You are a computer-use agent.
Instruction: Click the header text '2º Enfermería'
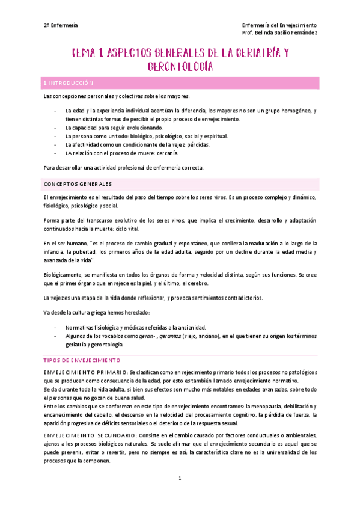pyautogui.click(x=61, y=25)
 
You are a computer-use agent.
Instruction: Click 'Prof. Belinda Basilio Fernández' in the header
pyautogui.click(x=279, y=32)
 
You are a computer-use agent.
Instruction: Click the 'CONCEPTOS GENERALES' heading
pyautogui.click(x=78, y=183)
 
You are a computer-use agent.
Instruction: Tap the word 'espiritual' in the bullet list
pyautogui.click(x=213, y=137)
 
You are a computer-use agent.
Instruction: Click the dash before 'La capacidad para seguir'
pyautogui.click(x=55, y=128)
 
